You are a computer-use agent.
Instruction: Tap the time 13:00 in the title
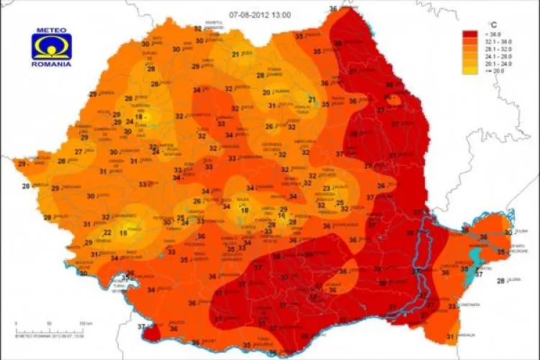(x=282, y=14)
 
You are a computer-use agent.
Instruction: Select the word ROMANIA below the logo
(x=50, y=64)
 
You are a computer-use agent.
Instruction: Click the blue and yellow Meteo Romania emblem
(x=50, y=47)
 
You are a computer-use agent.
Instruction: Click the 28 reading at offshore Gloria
(x=500, y=281)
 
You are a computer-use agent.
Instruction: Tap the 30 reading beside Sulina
(x=508, y=232)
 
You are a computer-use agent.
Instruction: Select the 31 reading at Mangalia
(x=450, y=337)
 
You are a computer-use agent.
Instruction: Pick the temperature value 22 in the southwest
(x=107, y=233)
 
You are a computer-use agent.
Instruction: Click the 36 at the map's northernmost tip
(x=333, y=8)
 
